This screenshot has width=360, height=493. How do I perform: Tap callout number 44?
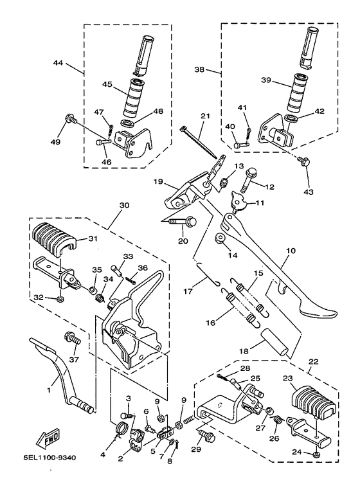(59, 63)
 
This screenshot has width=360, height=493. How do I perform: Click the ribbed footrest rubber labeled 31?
(55, 240)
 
